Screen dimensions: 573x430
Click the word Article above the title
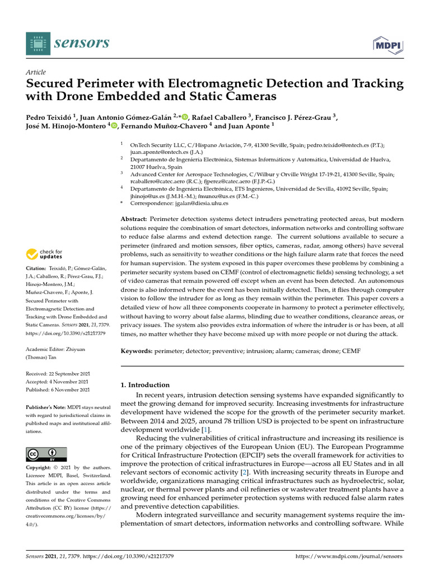[36, 72]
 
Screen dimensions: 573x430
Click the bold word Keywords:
[138, 350]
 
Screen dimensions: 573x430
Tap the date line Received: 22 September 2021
[58, 373]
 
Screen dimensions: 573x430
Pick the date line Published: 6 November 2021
[58, 389]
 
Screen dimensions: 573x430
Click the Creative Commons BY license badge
[46, 454]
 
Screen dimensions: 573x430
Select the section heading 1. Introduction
[146, 384]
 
